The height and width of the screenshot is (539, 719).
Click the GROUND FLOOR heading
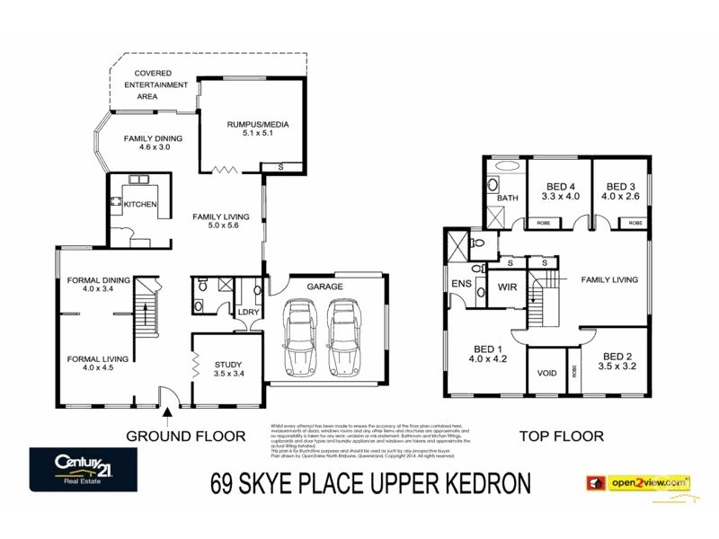185,436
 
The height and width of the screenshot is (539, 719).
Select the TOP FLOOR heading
561,436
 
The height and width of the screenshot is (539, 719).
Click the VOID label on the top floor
546,373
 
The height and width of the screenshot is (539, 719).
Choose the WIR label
506,288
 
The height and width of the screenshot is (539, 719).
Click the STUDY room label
227,365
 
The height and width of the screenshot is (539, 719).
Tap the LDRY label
248,312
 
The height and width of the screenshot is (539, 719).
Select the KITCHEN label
140,205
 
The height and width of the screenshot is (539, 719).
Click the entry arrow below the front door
167,414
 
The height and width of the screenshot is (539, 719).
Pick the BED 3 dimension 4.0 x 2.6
620,196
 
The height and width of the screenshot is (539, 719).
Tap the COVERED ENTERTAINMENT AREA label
161,84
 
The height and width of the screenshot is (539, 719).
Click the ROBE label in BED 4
544,221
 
